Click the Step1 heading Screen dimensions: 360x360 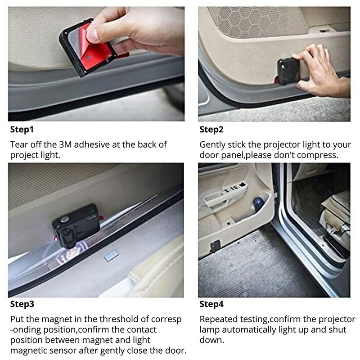click(22, 130)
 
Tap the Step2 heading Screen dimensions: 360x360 click(211, 130)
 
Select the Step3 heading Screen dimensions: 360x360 click(22, 304)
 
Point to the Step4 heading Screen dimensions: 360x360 click(211, 304)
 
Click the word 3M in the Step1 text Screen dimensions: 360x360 click(65, 144)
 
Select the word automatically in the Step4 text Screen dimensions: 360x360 click(250, 330)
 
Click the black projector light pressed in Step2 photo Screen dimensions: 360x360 click(288, 71)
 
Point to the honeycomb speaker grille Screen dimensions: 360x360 click(257, 21)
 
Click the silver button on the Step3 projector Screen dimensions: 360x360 click(64, 219)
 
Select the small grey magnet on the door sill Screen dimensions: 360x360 click(112, 256)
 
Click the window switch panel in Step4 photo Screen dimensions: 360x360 click(234, 187)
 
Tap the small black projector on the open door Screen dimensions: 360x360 click(215, 246)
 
